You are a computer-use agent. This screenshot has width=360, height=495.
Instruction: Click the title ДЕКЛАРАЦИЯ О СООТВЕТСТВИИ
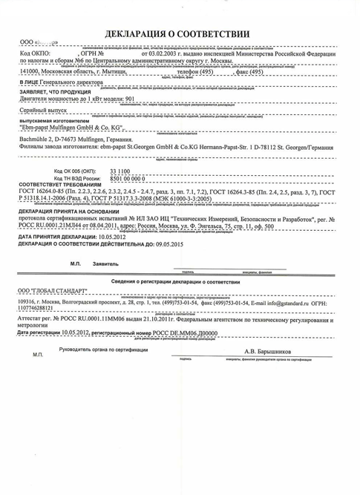tap(180, 34)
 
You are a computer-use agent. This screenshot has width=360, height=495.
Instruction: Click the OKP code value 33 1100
tap(120, 191)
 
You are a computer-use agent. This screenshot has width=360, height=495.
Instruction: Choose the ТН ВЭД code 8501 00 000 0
tap(127, 200)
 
